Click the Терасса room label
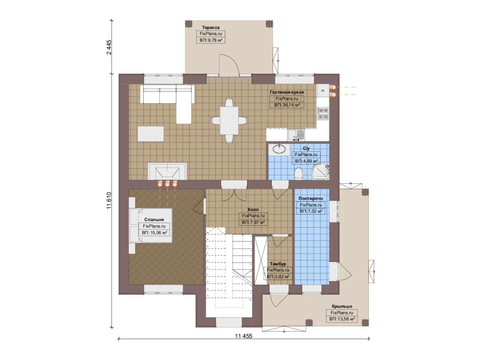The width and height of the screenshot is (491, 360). [211, 28]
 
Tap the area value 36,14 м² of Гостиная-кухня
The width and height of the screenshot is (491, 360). [287, 105]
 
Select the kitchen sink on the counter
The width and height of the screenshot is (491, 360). [296, 135]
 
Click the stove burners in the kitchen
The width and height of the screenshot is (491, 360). [323, 113]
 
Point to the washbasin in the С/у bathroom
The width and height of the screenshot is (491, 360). [279, 149]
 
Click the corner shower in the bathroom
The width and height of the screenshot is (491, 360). [320, 172]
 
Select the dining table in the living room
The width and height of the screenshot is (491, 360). [229, 120]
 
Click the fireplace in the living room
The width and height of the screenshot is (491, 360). [167, 172]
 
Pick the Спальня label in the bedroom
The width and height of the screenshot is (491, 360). [154, 220]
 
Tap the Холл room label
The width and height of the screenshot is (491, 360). [253, 210]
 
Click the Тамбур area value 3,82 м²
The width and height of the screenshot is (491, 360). [278, 277]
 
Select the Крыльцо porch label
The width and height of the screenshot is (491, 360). [342, 306]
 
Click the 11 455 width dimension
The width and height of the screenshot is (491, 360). [244, 336]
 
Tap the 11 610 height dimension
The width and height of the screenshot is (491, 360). [109, 201]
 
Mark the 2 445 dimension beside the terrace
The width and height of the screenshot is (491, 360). [109, 47]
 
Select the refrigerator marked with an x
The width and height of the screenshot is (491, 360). [323, 90]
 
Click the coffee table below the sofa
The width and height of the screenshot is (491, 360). [151, 134]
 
